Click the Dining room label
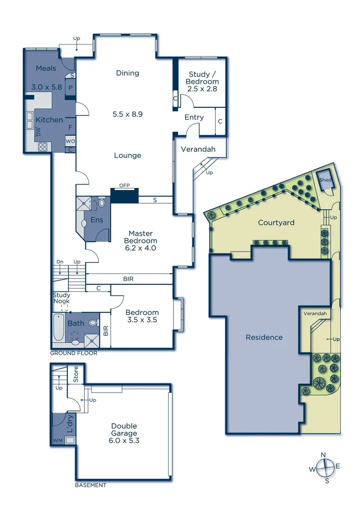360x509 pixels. [128, 73]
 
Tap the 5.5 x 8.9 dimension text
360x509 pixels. [128, 114]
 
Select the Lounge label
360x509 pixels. [128, 156]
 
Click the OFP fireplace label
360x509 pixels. [124, 186]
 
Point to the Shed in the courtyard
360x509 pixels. [326, 181]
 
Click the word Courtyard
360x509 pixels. [276, 222]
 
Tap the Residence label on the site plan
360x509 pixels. [264, 337]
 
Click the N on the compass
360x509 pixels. [323, 455]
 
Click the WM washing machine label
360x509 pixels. [57, 441]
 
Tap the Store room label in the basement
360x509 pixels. [76, 375]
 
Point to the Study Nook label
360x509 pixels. [61, 298]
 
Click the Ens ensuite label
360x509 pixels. [97, 220]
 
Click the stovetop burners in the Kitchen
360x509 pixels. [43, 147]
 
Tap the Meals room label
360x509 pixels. [46, 69]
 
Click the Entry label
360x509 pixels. [194, 117]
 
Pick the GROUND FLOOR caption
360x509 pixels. [74, 353]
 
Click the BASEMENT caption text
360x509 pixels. [90, 485]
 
